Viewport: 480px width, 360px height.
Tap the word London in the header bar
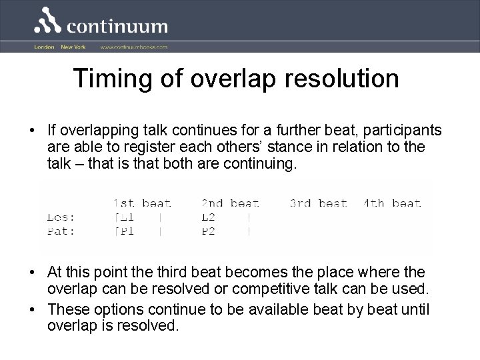[x=44, y=47]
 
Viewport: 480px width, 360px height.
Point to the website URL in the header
[x=134, y=47]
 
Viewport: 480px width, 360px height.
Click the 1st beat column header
[x=141, y=203]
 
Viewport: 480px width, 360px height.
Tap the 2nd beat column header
[x=230, y=203]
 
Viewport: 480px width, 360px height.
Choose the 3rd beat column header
[x=319, y=203]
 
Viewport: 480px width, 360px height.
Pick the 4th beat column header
[x=392, y=203]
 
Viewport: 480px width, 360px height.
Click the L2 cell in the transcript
[x=209, y=217]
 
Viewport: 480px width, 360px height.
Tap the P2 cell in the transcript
[x=209, y=231]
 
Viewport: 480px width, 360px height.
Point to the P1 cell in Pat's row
[x=125, y=231]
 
